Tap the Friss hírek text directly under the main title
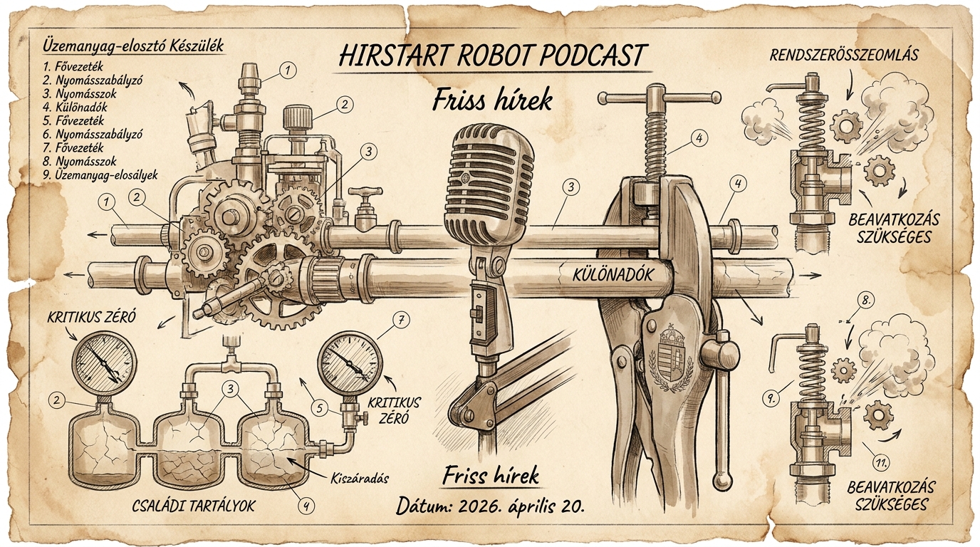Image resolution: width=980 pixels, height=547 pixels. point(492,100)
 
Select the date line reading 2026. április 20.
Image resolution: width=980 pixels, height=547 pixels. point(491,506)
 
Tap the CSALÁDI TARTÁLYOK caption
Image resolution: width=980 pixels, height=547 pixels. point(194,506)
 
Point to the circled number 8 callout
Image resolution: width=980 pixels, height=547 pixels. point(865,300)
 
